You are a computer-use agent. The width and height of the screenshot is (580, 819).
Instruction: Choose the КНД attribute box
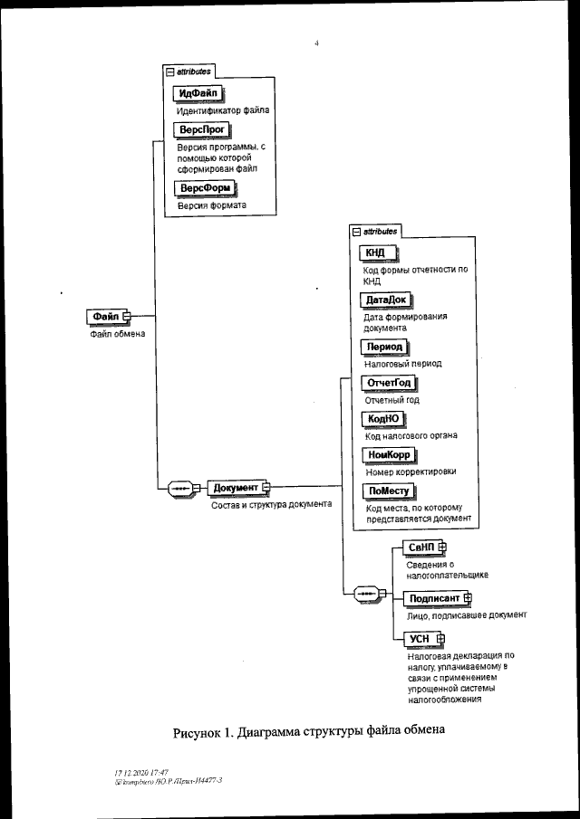(374, 252)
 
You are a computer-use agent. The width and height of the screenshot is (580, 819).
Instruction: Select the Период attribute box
(384, 347)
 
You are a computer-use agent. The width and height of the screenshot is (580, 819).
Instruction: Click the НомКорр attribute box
(387, 454)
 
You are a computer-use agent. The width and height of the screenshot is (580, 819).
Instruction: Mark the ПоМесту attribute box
(387, 490)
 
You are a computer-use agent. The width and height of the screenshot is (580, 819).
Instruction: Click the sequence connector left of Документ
(179, 488)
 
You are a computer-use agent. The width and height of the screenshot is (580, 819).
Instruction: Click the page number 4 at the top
(316, 41)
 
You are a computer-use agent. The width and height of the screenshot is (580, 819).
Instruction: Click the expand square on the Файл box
(127, 316)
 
